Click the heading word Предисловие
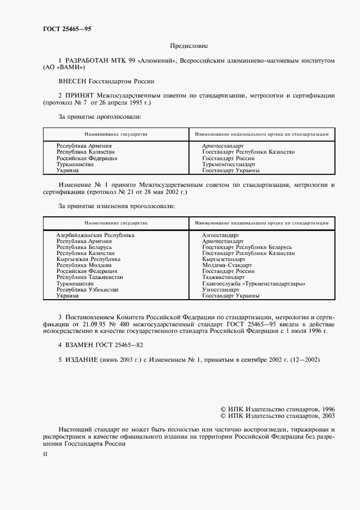(x=189, y=47)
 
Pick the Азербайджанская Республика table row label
(x=95, y=235)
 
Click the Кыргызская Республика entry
(x=88, y=259)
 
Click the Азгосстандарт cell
(x=221, y=235)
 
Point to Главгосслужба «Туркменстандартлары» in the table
(x=253, y=284)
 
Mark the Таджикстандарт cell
(x=223, y=277)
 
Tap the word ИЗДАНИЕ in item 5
(x=82, y=360)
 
